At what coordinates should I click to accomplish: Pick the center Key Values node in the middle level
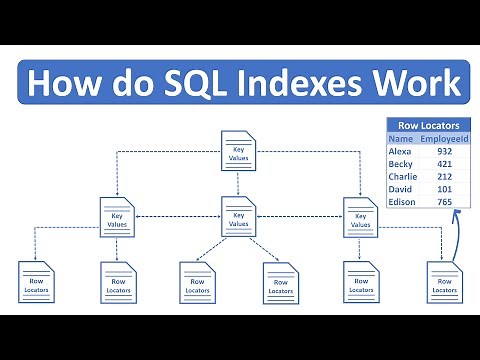click(239, 217)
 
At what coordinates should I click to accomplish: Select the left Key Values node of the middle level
click(116, 217)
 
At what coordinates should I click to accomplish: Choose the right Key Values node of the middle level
click(358, 217)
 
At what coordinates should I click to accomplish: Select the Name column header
click(401, 140)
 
